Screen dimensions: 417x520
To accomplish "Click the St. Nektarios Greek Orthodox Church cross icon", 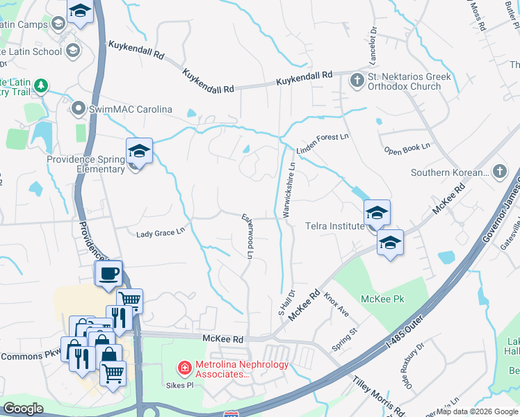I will click(x=357, y=80).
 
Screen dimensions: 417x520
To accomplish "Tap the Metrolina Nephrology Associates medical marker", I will click(x=184, y=366).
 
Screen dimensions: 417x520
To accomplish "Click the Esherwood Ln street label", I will click(x=247, y=236).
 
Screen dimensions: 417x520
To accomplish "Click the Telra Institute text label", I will click(x=334, y=226).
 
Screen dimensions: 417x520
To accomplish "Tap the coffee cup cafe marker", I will click(x=109, y=272).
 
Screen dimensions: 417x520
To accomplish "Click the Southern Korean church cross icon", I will click(x=499, y=171).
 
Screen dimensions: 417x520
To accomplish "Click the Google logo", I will click(x=24, y=409).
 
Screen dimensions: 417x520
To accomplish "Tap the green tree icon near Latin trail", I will click(x=41, y=85).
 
